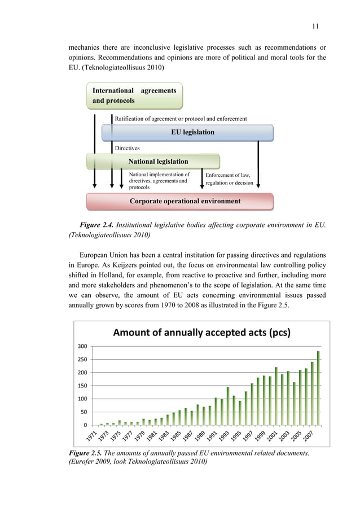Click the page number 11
(x=315, y=25)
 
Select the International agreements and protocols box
(x=134, y=95)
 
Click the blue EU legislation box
(x=187, y=132)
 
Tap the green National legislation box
(x=153, y=162)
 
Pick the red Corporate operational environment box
(x=179, y=201)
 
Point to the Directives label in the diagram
(x=127, y=148)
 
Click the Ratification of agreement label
(x=181, y=119)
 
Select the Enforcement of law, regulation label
(x=227, y=179)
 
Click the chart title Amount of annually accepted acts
(x=201, y=332)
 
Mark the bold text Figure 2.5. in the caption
(x=85, y=455)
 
